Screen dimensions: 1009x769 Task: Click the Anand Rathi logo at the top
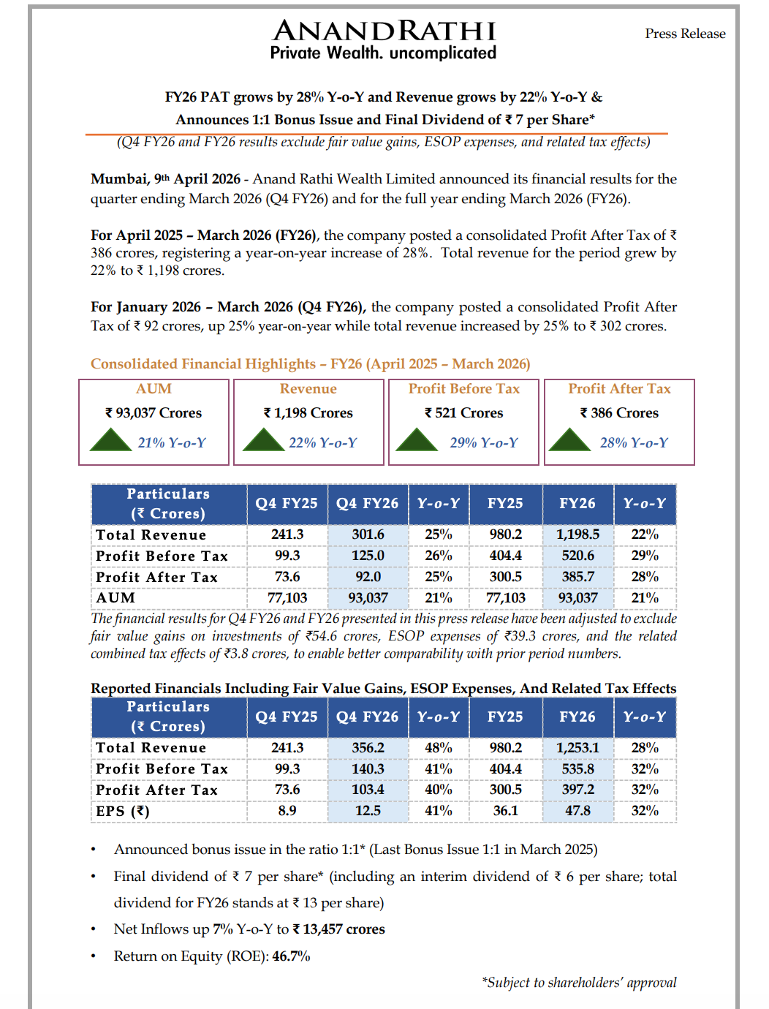(384, 39)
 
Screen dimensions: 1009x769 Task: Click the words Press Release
(685, 34)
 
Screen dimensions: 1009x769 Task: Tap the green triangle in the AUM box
(110, 440)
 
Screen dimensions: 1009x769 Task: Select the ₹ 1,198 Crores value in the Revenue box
(308, 413)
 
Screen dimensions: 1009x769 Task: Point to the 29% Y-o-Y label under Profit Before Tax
(484, 443)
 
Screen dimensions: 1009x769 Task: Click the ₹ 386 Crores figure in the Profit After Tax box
(620, 413)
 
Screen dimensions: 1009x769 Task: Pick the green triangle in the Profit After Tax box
(569, 440)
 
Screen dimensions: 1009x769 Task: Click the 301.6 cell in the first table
(368, 534)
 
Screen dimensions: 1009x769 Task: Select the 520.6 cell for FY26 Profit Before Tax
(577, 556)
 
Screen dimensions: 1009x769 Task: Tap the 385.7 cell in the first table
(577, 577)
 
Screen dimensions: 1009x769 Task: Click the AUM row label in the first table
(115, 598)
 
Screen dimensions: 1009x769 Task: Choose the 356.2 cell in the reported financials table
(368, 748)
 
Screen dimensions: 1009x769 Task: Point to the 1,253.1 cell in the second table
(577, 748)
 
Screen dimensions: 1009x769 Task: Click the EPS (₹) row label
(123, 811)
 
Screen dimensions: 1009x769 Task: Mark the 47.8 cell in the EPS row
(577, 811)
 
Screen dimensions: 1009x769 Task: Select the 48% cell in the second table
(439, 748)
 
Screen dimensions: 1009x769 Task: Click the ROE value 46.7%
(291, 956)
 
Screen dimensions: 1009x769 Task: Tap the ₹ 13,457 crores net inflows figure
(338, 929)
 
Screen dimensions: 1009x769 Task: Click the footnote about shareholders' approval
(579, 983)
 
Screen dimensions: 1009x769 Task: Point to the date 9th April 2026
(197, 179)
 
